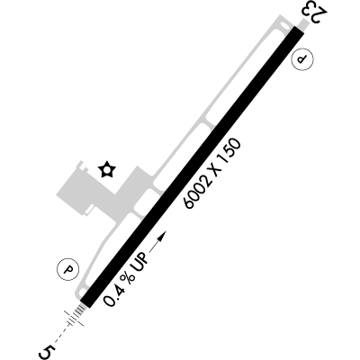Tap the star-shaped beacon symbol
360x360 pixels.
(107, 169)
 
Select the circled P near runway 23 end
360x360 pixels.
(302, 58)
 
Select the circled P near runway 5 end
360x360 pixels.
(68, 269)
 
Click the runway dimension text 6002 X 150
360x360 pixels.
(213, 174)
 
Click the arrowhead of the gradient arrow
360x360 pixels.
(162, 236)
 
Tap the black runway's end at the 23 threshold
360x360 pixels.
(299, 30)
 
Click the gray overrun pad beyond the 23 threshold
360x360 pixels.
(304, 23)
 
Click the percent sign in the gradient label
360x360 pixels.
(128, 278)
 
